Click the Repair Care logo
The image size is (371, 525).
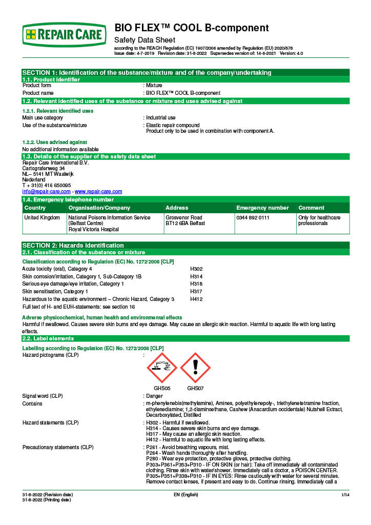point(65,34)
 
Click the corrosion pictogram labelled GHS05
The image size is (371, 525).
point(162,368)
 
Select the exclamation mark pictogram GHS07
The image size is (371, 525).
point(195,368)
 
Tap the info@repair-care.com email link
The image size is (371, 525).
point(47,191)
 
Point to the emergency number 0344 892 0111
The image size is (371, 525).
point(253,217)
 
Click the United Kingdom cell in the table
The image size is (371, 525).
point(42,217)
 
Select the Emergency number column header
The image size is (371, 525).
point(263,208)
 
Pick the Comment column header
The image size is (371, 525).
point(311,208)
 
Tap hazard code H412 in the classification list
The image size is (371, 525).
point(197,298)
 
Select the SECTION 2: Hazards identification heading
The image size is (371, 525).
point(73,245)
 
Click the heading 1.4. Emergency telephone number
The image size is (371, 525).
point(68,199)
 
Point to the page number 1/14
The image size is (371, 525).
point(345,494)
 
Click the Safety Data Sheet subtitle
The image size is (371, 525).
point(145,40)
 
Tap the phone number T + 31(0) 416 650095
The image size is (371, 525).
point(47,185)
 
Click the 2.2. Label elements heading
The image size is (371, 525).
point(48,338)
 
